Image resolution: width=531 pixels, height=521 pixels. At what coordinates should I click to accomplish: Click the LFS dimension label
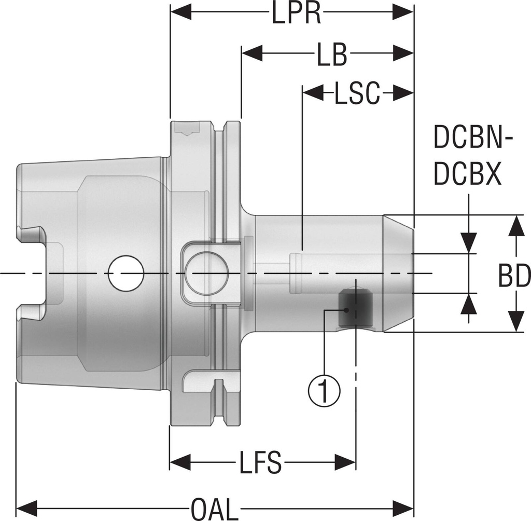(260, 462)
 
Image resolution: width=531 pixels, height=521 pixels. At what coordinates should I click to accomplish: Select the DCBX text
(467, 175)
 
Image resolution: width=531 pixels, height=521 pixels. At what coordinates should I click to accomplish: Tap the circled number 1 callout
(325, 390)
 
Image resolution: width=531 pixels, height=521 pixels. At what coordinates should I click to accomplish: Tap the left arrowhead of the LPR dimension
(181, 12)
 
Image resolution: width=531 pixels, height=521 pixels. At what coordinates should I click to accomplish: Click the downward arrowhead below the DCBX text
(469, 242)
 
